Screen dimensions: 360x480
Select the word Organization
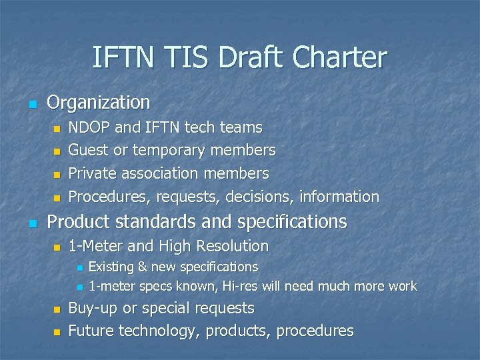tap(99, 103)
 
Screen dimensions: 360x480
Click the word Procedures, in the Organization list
tap(111, 197)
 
